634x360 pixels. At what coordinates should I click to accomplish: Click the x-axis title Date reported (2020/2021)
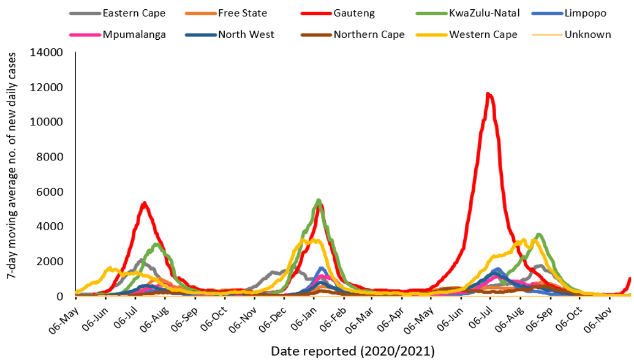coord(352,351)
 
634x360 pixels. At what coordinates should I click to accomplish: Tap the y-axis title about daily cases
coord(11,174)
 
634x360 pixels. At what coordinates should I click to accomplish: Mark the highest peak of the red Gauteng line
coord(488,94)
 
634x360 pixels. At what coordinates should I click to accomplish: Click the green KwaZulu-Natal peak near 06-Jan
coord(319,200)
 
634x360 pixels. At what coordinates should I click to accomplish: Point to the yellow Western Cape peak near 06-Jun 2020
coord(110,268)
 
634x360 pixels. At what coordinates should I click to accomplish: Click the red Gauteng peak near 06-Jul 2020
coord(144,203)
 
